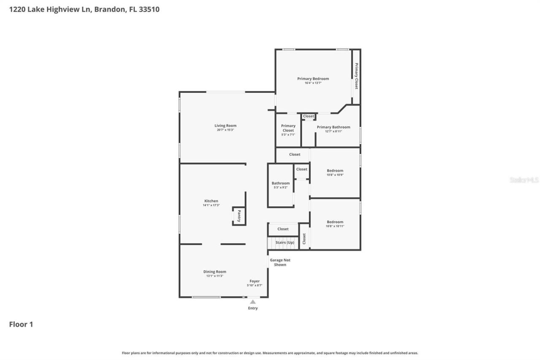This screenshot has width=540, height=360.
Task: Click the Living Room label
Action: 225,125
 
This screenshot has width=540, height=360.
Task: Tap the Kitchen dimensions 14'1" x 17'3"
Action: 211,206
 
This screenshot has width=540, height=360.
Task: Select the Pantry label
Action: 239,216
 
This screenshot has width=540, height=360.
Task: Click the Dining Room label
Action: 215,272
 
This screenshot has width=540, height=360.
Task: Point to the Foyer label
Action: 254,281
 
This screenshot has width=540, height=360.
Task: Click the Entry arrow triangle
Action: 253,302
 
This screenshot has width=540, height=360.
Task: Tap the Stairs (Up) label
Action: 285,243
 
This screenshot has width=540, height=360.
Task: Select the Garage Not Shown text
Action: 280,263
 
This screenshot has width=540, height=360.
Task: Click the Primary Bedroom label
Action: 313,78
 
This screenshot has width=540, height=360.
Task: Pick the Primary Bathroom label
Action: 333,127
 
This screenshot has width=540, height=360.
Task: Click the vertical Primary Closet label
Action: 356,76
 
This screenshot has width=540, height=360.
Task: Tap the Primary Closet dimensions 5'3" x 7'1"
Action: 288,135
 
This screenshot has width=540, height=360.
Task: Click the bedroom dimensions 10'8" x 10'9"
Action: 335,175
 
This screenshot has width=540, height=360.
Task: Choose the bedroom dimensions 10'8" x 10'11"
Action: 335,226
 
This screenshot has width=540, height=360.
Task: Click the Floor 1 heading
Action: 21,325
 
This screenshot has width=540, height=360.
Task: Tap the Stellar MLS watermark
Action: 524,180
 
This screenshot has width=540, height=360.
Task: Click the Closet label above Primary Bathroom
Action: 308,116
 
